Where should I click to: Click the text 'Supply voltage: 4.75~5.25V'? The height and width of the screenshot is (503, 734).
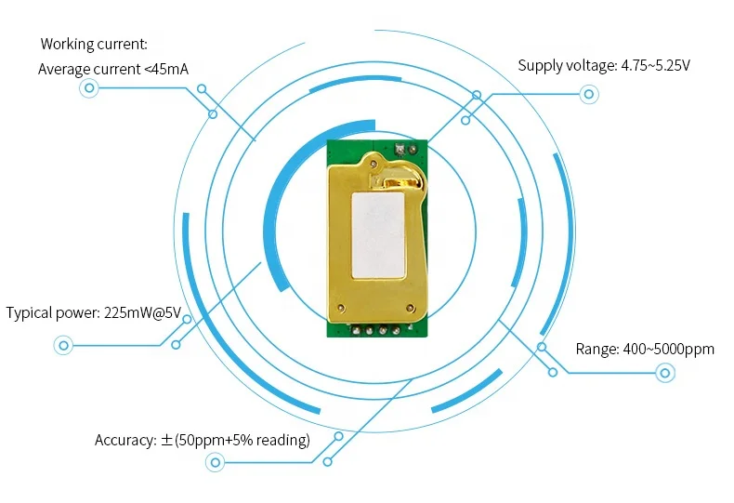[x=604, y=66]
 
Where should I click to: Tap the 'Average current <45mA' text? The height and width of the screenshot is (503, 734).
[x=113, y=69]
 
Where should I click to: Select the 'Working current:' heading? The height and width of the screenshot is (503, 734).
[x=94, y=44]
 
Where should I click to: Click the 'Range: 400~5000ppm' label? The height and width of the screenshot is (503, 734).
[x=645, y=349]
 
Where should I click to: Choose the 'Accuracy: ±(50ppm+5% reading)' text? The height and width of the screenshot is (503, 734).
[x=202, y=440]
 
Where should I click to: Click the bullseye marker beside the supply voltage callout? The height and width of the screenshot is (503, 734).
[x=588, y=94]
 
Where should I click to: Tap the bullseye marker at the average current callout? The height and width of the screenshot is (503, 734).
[x=89, y=88]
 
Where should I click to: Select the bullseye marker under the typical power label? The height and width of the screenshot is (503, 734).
[x=64, y=345]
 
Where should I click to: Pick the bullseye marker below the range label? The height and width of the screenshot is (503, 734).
[x=664, y=374]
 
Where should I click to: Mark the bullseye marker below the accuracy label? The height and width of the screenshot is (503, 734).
[x=216, y=462]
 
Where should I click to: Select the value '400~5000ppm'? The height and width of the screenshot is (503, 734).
[x=670, y=349]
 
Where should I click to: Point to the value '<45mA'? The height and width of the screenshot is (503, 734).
[x=166, y=69]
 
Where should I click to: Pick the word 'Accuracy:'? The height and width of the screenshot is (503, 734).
[x=125, y=440]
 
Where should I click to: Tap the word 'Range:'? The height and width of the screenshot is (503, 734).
[x=596, y=349]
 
